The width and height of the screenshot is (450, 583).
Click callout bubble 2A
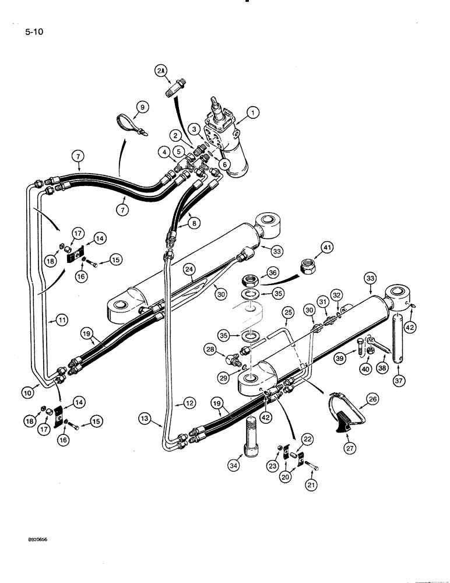click(161, 71)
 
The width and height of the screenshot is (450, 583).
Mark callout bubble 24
click(188, 269)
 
